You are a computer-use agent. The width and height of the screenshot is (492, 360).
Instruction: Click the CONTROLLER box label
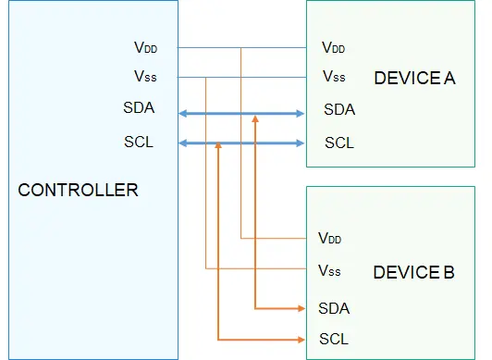coord(78,190)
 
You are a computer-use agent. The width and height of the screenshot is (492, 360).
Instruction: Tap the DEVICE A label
coord(414,78)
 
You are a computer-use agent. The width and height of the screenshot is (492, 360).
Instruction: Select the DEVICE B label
coord(414,272)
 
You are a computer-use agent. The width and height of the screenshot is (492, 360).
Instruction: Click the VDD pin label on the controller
coord(145,47)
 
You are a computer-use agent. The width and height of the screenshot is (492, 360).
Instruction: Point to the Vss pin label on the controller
coord(145,76)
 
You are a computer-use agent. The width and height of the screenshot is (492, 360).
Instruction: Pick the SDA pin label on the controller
coord(139,107)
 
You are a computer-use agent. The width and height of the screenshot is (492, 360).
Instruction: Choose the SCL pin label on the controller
coord(139,142)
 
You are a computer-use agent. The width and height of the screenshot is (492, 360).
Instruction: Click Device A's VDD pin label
coord(333,47)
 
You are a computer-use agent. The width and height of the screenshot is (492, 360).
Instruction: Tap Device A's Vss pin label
coord(334,76)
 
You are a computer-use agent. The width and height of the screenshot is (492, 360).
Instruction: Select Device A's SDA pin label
coord(339,109)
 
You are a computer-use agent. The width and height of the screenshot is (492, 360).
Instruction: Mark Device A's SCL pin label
coord(339,143)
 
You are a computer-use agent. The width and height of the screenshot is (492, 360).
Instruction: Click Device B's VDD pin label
coord(329,238)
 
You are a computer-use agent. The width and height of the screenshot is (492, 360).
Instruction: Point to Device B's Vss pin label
coord(329,270)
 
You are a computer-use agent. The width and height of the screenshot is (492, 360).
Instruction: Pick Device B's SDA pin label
coord(334,308)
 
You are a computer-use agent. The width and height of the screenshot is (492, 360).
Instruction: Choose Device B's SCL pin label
coord(334,339)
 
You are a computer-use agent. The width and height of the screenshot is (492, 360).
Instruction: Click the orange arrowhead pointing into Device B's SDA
coord(301,308)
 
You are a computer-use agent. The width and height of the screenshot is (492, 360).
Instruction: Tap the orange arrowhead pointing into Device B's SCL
coord(301,340)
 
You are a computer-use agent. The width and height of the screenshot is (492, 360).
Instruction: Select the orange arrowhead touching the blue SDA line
coord(255,119)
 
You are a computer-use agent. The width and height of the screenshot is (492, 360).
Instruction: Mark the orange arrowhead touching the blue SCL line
coord(218,145)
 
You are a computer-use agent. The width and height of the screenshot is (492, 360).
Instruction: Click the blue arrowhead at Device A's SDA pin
coord(300,114)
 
